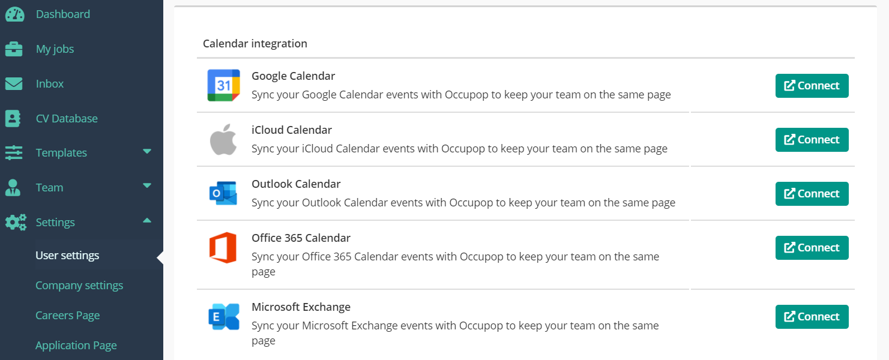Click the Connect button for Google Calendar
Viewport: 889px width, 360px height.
pos(812,86)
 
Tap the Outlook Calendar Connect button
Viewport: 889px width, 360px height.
pos(812,194)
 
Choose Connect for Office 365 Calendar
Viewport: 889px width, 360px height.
pos(812,248)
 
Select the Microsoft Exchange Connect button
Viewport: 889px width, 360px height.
pos(812,317)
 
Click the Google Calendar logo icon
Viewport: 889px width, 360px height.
pos(223,85)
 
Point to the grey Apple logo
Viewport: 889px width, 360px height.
pos(223,140)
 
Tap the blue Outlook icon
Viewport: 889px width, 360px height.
pos(223,193)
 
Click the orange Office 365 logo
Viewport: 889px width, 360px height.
pos(223,248)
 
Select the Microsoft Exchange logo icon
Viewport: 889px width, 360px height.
pos(223,317)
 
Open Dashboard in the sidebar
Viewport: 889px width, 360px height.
pos(62,14)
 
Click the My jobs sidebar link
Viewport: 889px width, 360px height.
pos(55,49)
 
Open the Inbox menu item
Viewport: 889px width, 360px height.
pos(49,84)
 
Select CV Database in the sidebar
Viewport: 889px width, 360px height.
pos(66,119)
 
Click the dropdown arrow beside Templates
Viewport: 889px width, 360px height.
pos(147,152)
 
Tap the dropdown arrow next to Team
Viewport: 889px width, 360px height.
pos(147,186)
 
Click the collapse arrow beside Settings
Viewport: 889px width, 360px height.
pos(147,221)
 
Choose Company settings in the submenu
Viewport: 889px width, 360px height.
pos(79,286)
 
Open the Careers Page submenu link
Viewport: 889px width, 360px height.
pos(67,316)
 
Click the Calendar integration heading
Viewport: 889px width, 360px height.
pos(255,44)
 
